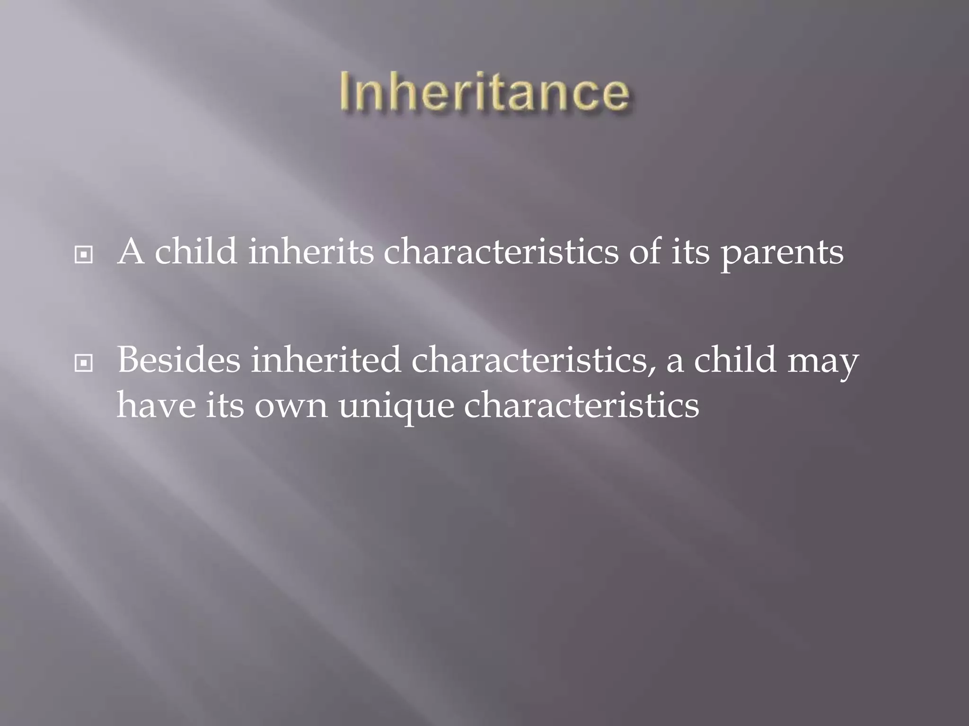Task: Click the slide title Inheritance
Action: [x=484, y=92]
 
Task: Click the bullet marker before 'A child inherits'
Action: [x=84, y=255]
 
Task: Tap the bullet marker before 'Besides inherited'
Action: [x=84, y=363]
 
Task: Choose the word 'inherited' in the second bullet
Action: [x=326, y=360]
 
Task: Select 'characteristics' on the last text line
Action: [x=581, y=406]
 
